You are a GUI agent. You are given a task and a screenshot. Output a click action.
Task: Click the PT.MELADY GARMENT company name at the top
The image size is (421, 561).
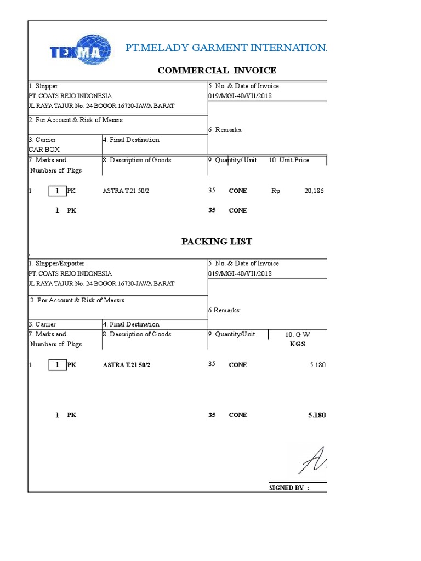(226, 48)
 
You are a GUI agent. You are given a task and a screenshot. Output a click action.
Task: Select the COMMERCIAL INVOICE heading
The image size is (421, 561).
(217, 70)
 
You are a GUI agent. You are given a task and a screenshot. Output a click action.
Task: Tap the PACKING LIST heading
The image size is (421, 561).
(217, 242)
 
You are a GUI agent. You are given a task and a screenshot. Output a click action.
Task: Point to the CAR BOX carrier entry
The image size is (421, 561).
(44, 149)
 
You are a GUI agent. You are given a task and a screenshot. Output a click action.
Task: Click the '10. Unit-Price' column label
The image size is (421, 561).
(289, 160)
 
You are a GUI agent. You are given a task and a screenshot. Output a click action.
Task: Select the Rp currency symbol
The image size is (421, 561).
(275, 191)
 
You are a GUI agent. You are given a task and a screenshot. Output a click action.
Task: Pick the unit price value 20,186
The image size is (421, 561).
(314, 191)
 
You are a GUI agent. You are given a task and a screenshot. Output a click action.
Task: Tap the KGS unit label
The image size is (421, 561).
(297, 344)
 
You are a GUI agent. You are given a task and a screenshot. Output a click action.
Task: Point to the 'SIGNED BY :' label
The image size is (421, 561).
(289, 488)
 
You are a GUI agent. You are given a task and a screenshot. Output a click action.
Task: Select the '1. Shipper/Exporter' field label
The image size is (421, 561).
(56, 264)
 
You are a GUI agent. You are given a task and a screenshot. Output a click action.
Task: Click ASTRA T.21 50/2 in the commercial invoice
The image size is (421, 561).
(126, 191)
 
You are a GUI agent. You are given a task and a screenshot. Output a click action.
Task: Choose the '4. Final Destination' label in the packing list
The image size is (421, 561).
(131, 324)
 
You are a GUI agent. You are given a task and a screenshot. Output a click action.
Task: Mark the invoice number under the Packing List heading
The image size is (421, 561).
(240, 273)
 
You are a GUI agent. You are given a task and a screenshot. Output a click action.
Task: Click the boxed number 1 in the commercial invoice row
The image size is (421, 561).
(57, 191)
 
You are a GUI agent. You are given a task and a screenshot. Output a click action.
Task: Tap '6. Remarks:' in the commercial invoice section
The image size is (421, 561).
(225, 129)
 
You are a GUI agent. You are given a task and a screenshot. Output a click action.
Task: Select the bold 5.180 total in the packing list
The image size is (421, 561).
(317, 415)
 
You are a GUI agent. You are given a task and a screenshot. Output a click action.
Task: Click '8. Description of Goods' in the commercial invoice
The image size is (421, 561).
(137, 160)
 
